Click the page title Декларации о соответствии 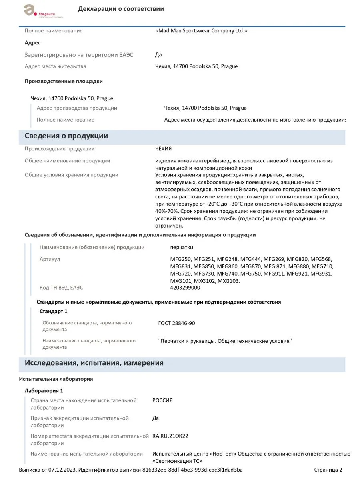(121, 9)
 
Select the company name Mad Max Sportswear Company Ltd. (201, 31)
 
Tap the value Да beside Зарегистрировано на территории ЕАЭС (158, 55)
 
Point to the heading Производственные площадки (64, 81)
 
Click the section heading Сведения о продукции (66, 136)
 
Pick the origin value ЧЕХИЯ (163, 149)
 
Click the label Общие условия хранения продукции (72, 175)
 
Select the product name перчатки (182, 247)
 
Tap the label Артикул (50, 259)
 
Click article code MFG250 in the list (181, 259)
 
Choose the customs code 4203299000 (185, 288)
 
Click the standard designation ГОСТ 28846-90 (177, 323)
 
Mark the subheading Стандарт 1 (54, 311)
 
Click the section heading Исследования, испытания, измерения (94, 363)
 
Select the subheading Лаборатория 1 (44, 391)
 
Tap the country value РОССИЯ (163, 400)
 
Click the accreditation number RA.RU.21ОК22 (170, 436)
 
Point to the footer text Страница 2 (328, 470)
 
